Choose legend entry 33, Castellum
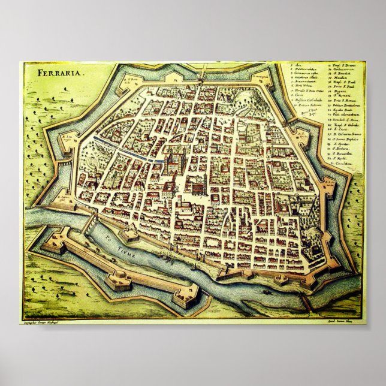pyautogui.click(x=343, y=163)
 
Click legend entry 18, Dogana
pyautogui.click(x=340, y=91)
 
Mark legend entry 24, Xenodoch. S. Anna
pyautogui.click(x=342, y=120)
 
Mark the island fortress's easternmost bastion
pyautogui.click(x=186, y=296)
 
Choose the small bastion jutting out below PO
pyautogui.click(x=129, y=235)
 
